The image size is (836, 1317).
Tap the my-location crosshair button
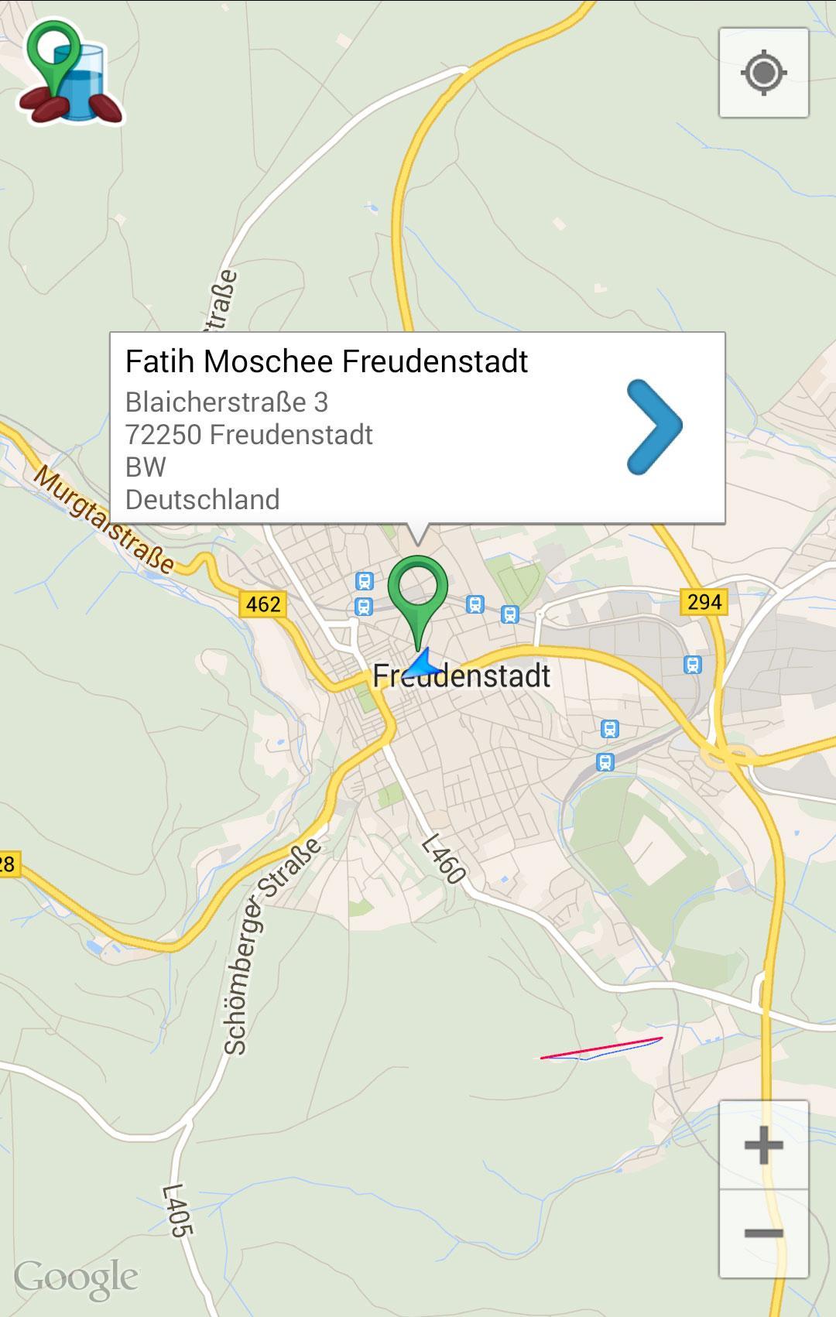coord(763,74)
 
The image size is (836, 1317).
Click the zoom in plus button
coord(763,1144)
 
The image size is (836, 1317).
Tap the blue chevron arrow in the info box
coord(654,426)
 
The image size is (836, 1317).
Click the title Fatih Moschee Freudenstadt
coord(326,361)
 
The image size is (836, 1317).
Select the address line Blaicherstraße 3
coord(226,402)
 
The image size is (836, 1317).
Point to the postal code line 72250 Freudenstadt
coord(248,434)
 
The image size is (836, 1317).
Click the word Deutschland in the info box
coord(202,499)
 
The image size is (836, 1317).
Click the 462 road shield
coord(263,604)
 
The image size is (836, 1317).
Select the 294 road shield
coord(704,601)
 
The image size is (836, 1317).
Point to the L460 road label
coord(444,858)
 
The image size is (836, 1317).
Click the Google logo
coord(76,1278)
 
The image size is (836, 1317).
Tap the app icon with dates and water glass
coord(70,74)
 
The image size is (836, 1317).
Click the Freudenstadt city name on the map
coord(461,676)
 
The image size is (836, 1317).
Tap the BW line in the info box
coord(146,467)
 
